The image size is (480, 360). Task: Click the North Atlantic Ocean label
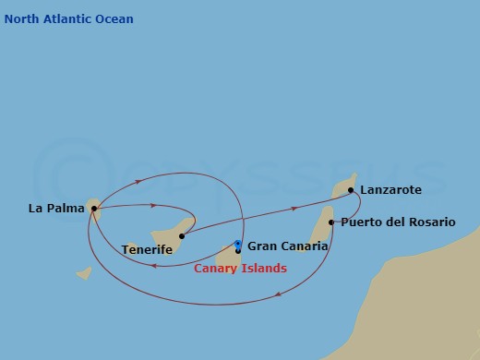(x=68, y=19)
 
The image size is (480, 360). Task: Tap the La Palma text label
(x=56, y=209)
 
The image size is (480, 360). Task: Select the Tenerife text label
(x=147, y=249)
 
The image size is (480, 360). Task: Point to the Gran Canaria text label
(x=287, y=246)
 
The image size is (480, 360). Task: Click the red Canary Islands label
(x=240, y=269)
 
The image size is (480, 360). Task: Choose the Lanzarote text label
(x=390, y=190)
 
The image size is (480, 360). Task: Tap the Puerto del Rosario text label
(x=397, y=222)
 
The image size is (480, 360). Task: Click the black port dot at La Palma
(x=94, y=209)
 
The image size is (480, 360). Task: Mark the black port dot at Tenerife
(x=182, y=235)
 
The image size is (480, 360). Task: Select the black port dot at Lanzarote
(x=351, y=190)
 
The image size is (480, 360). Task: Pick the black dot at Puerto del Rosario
(x=331, y=222)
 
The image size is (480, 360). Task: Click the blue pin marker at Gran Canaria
(x=238, y=246)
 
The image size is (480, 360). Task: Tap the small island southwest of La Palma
(x=83, y=273)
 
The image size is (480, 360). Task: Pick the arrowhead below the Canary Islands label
(x=278, y=296)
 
